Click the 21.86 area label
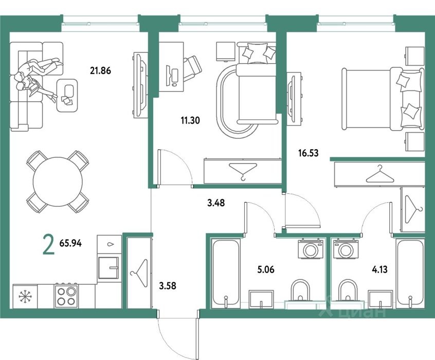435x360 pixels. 100,71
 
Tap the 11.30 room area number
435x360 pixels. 190,120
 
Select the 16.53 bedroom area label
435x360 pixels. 308,153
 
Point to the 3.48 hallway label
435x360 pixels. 216,203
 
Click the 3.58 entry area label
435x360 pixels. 168,285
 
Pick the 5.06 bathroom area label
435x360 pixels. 266,269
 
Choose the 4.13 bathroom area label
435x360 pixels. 379,269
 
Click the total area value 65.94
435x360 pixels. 70,243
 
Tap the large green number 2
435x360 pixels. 49,244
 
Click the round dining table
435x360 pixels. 58,182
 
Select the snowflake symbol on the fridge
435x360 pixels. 25,296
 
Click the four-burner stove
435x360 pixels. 66,295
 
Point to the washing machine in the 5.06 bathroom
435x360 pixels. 311,249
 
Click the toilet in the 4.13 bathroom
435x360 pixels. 348,292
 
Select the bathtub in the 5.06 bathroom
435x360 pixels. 225,274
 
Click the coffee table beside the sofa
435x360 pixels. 67,95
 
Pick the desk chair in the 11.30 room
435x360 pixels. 192,68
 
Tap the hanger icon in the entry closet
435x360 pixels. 139,274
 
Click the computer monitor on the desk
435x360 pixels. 169,76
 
